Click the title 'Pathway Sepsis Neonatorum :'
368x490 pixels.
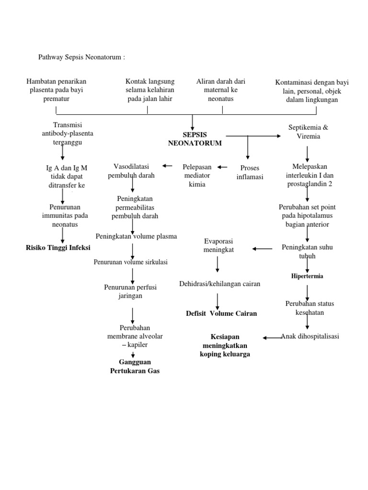click(x=81, y=57)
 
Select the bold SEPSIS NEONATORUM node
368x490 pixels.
click(x=195, y=139)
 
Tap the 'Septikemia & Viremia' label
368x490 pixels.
click(x=308, y=132)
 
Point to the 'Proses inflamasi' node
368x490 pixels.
click(x=250, y=173)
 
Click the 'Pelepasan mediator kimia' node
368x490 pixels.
click(x=197, y=175)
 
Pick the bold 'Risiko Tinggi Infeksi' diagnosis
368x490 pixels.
click(x=58, y=247)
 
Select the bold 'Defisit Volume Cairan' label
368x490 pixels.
click(x=221, y=313)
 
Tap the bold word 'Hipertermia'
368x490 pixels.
click(x=307, y=276)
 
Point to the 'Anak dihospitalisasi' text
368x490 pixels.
click(x=310, y=336)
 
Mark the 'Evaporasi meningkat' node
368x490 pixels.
click(x=218, y=245)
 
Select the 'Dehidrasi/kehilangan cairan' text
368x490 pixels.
click(x=220, y=284)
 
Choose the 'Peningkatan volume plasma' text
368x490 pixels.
click(x=136, y=236)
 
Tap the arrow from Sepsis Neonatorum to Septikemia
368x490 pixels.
click(x=254, y=136)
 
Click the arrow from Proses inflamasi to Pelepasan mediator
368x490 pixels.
click(x=222, y=167)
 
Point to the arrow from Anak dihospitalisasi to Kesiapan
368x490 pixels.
click(x=272, y=337)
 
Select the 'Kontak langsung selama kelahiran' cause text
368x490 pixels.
click(x=149, y=90)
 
